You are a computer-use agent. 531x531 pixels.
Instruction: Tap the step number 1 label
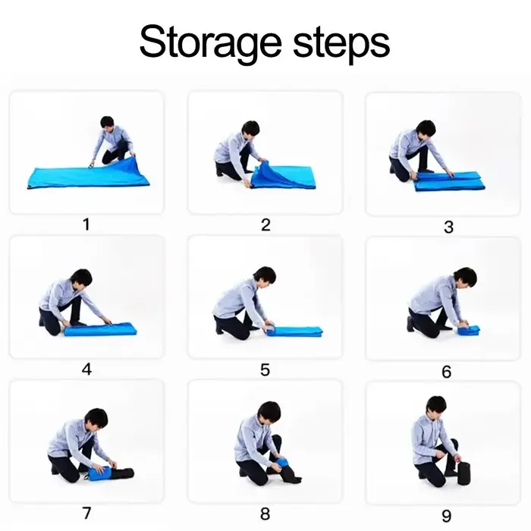tap(86, 225)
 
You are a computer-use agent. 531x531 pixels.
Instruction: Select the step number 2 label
tap(265, 225)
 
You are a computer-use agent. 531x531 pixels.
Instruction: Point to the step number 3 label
tap(449, 227)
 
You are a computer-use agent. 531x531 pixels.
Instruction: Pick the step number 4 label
tap(86, 369)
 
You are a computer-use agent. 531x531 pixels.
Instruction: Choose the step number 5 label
tap(265, 370)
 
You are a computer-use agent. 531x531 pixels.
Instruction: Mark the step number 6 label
tap(447, 372)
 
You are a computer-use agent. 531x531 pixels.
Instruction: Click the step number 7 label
tap(86, 513)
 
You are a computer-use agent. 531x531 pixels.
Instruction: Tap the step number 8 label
tap(265, 514)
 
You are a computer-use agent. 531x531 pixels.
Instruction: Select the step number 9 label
tap(447, 516)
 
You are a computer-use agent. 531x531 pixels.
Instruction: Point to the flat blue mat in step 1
tap(88, 174)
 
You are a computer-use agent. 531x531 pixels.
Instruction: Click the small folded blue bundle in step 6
tap(469, 330)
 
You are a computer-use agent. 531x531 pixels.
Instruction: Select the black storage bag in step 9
tap(464, 473)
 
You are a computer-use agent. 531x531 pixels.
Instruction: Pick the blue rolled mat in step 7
tap(99, 473)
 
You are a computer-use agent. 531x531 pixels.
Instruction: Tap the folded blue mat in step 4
tap(100, 328)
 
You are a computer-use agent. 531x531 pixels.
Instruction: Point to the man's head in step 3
tap(426, 130)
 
